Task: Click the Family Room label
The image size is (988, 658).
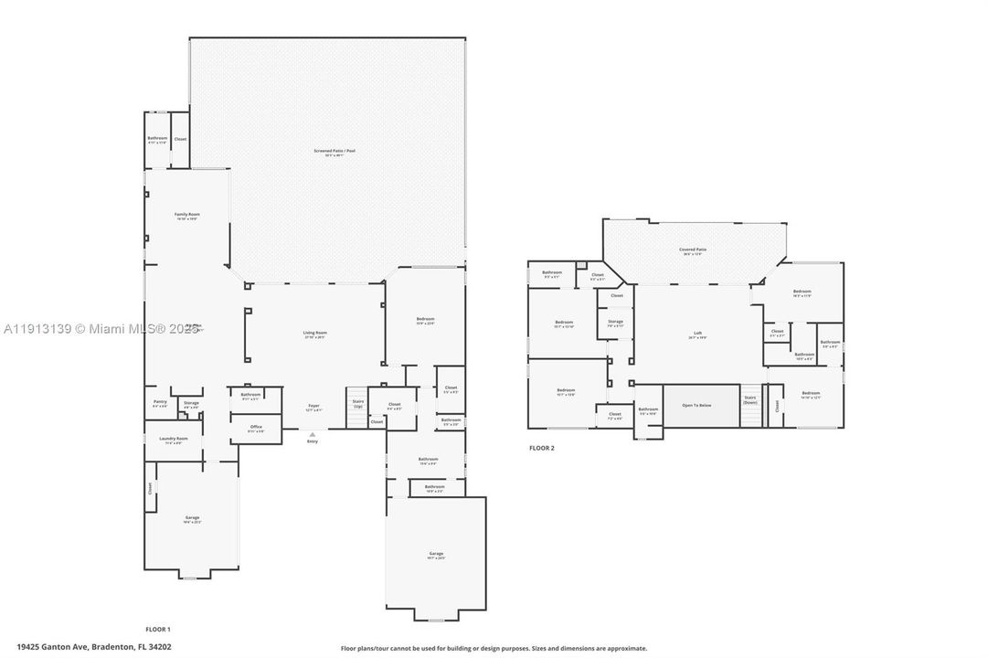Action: pos(187,217)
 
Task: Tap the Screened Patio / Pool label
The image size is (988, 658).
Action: pos(327,153)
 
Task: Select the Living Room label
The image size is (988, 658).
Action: pos(314,334)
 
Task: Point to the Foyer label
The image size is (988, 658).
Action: pos(313,407)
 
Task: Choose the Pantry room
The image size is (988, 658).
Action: pos(160,403)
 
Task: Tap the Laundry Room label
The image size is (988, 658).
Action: pos(174,440)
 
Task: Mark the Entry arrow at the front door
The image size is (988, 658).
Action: pos(313,437)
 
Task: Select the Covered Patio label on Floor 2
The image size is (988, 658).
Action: pos(693,250)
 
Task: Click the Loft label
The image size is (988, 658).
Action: pos(697,334)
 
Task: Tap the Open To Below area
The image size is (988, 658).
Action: pos(700,405)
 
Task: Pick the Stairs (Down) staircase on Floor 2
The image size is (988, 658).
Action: pos(750,405)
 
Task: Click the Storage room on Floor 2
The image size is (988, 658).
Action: pos(615,323)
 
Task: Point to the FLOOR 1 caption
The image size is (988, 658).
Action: pos(158,629)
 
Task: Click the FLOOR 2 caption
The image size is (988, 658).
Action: pos(541,448)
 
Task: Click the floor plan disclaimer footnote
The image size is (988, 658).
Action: pos(494,648)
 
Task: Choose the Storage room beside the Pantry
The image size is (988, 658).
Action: pos(190,403)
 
